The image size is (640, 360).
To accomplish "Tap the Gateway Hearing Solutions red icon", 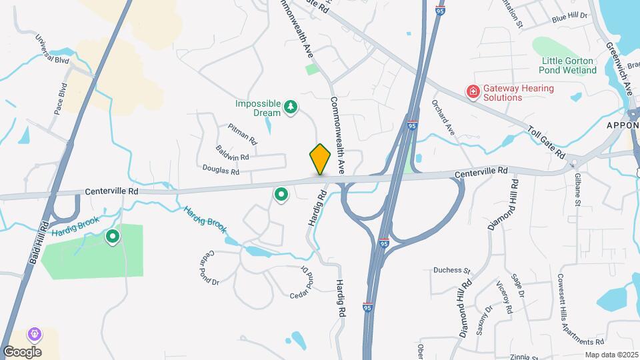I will tap(473, 91).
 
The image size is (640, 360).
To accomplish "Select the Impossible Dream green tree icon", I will tap(290, 106).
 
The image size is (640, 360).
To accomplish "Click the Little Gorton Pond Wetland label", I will tap(568, 65).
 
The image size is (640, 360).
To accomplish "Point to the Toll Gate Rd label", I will tap(546, 141).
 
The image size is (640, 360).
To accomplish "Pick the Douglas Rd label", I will tap(221, 171).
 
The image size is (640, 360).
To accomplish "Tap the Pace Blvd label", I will tap(60, 99).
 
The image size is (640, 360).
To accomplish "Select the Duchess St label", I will tap(452, 271).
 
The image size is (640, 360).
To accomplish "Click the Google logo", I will tap(21, 351).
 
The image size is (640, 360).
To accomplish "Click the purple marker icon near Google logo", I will tap(33, 333).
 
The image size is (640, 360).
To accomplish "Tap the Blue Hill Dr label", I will tap(569, 16).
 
